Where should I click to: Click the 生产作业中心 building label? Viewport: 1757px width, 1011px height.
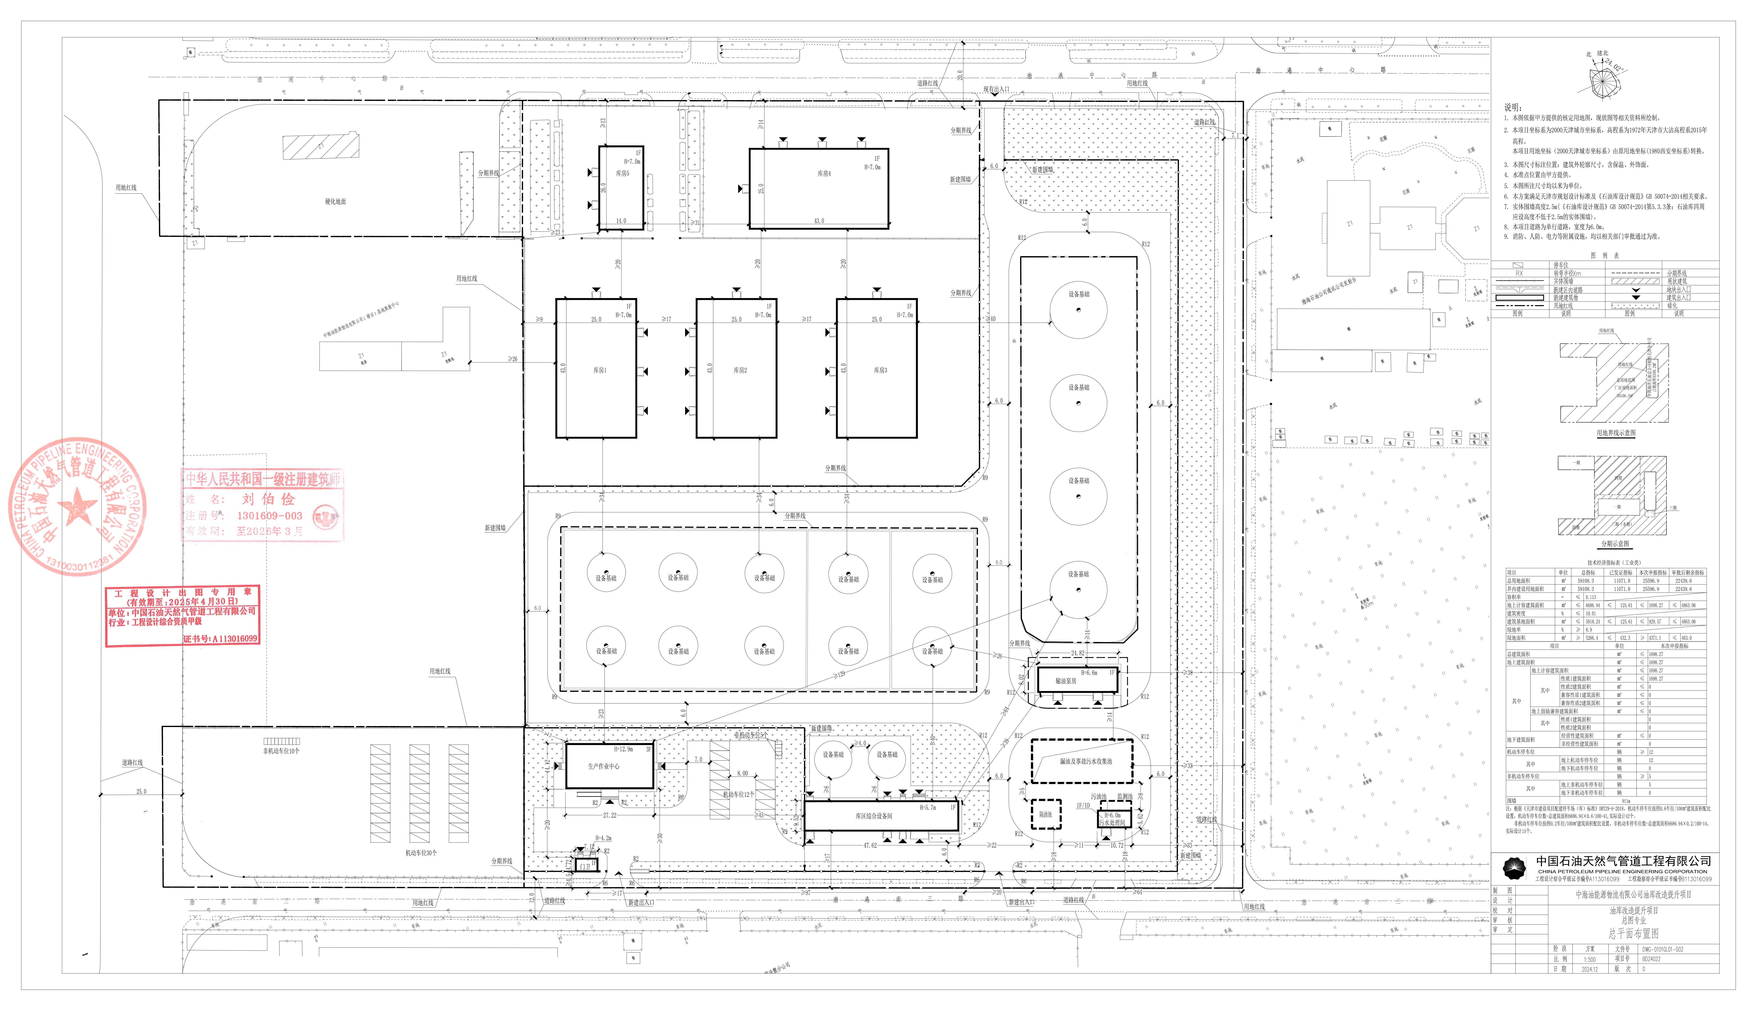coord(603,767)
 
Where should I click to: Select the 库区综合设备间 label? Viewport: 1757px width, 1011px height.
coord(874,817)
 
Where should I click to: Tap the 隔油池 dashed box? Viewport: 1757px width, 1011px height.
coord(1045,814)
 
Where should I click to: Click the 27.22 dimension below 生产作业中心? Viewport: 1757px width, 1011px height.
coord(609,815)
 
